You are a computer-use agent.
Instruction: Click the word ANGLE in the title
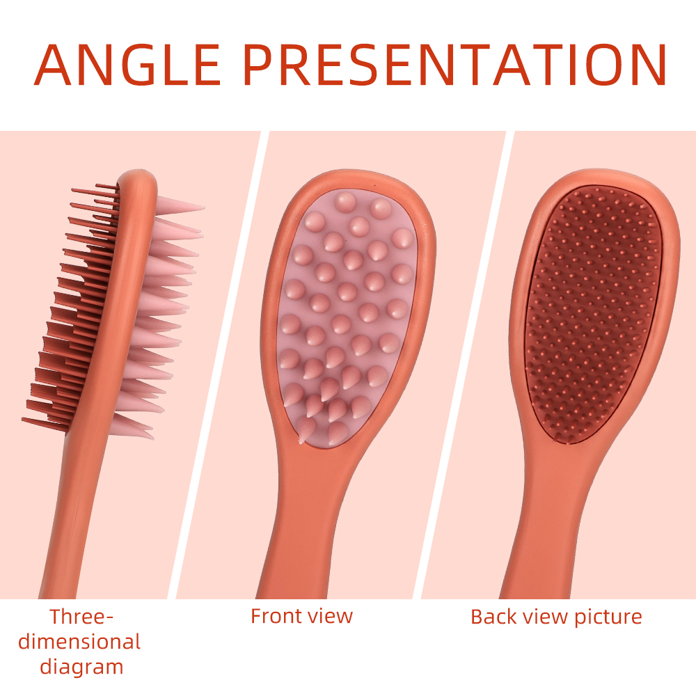[127, 65]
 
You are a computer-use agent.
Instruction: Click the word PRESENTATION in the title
[455, 65]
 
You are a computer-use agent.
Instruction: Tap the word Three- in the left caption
[81, 617]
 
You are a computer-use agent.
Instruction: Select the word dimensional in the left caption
[79, 642]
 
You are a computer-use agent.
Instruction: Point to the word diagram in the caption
[81, 667]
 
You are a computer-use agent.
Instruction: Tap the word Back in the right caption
[493, 617]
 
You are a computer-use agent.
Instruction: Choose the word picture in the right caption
[608, 617]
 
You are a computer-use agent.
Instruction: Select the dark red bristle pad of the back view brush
[592, 315]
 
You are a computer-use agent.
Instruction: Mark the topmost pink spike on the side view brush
[180, 205]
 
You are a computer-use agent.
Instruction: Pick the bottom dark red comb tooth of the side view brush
[45, 424]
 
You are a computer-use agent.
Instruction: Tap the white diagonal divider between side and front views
[219, 365]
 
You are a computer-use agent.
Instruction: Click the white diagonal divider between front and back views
[464, 365]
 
